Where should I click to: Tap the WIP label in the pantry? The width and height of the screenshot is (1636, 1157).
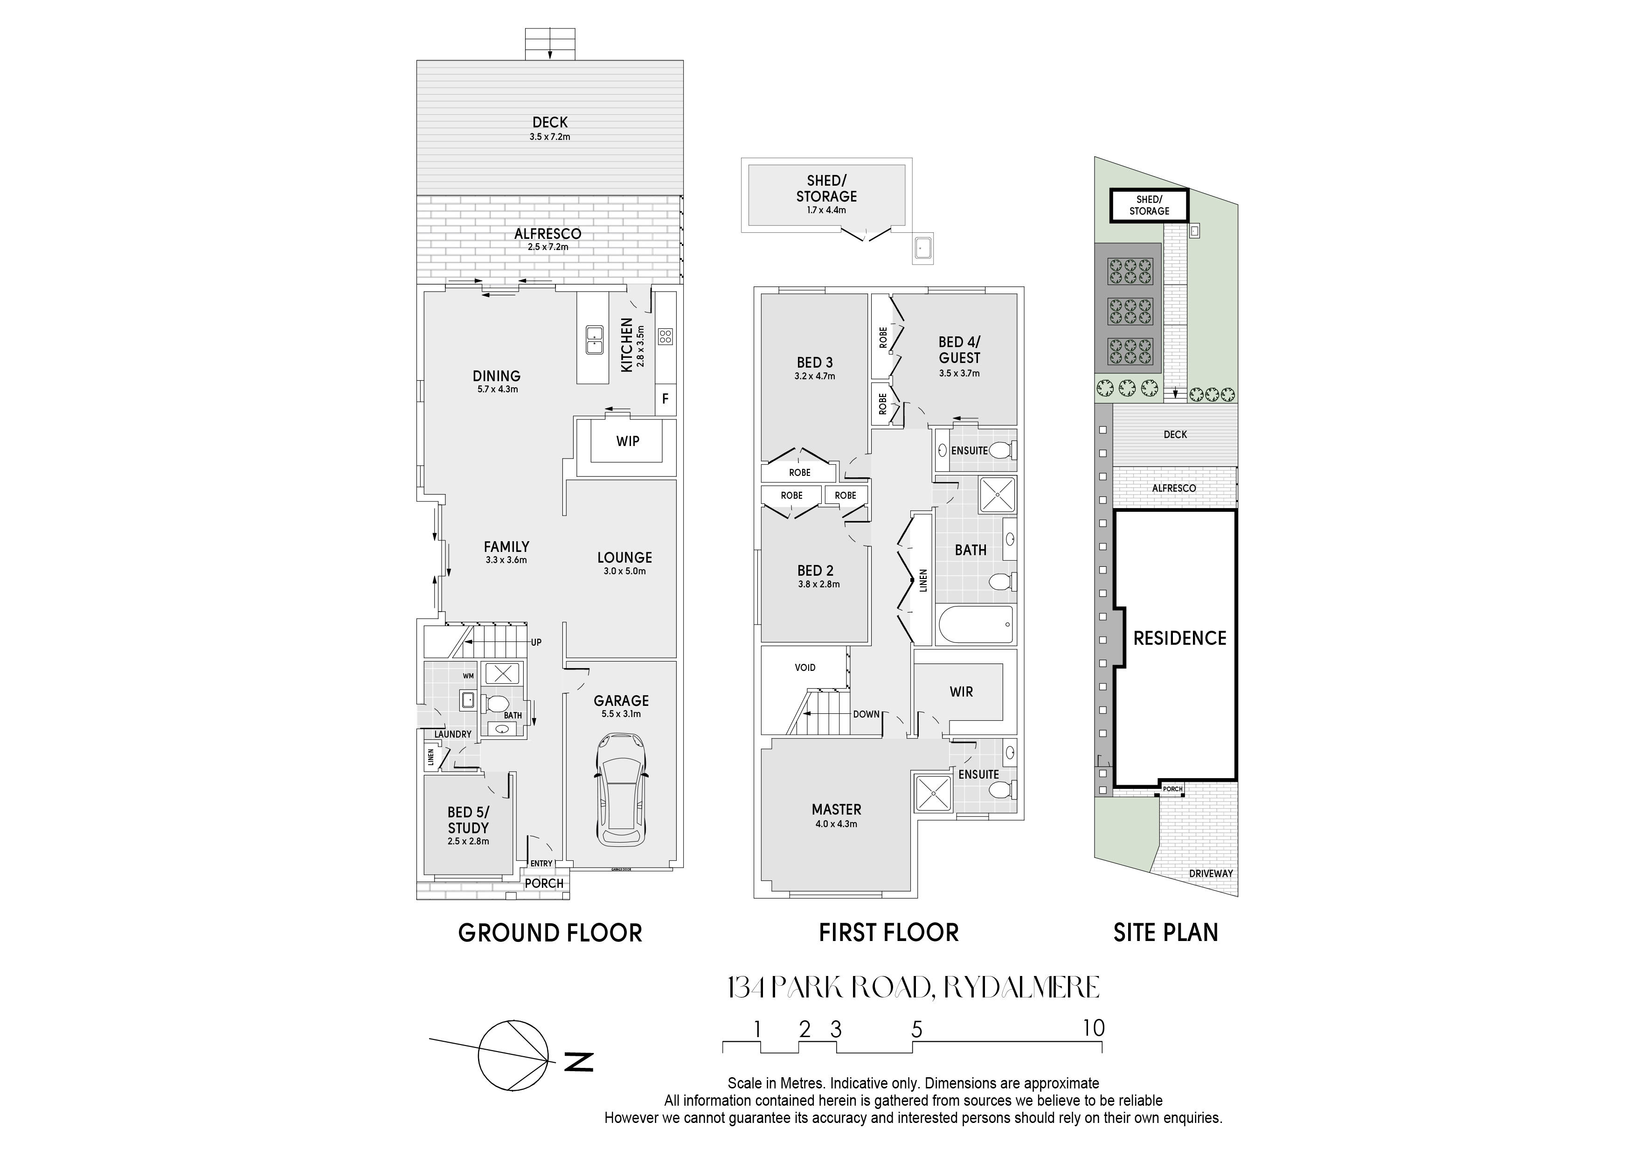coord(628,441)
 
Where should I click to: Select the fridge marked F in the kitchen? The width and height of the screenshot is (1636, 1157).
coord(665,399)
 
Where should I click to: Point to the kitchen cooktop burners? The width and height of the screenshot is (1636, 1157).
coord(665,336)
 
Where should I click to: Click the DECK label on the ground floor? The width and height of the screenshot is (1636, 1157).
coord(550,123)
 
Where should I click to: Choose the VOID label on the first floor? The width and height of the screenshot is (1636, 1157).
coord(805,668)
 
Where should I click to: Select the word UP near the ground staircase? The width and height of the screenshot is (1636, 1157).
coord(536,642)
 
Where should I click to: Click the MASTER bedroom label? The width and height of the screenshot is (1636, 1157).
coord(837,810)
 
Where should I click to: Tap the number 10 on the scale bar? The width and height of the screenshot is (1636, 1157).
coord(1094,1028)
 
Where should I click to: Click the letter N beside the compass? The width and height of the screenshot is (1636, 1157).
coord(579,1062)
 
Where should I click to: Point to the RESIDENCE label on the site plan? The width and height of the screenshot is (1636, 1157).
coord(1180,638)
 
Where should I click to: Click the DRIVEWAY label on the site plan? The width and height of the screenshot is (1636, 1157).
coord(1211,873)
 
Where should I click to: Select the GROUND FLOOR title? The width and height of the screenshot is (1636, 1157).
coord(550,933)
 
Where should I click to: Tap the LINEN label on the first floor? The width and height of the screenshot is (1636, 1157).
coord(923,580)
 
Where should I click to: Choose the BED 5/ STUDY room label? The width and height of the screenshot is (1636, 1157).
coord(468,820)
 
